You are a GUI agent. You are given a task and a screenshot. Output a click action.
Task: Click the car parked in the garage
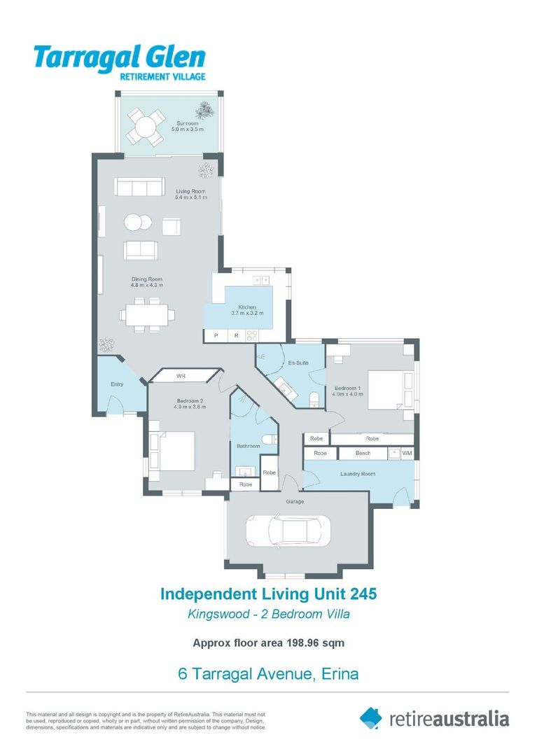coord(288,531)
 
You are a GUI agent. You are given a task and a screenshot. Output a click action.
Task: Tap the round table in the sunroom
coord(144,128)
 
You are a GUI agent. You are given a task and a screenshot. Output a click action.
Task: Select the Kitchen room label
coord(247,307)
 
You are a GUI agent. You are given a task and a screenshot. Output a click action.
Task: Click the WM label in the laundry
coord(407,453)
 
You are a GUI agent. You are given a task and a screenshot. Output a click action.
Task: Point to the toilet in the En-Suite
coord(314,400)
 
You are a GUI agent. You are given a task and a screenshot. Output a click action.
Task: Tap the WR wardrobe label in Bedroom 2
coord(181,376)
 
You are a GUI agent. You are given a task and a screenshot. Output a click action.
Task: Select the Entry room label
coord(117,384)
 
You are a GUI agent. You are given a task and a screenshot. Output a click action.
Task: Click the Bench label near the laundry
coord(363,453)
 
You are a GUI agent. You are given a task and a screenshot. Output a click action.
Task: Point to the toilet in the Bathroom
coord(269,439)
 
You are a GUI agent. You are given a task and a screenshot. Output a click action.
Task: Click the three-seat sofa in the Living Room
coord(139,187)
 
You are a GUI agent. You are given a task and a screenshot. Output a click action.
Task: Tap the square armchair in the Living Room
coord(171,226)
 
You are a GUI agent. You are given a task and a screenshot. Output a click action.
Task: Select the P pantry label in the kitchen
coord(216,335)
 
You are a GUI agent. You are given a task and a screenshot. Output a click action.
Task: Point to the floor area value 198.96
coord(302,643)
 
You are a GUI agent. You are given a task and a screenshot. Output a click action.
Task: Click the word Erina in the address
coord(340,673)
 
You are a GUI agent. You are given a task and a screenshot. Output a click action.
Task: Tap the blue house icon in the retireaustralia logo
coord(370,718)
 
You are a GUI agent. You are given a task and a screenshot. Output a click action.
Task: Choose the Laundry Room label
coord(358,474)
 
